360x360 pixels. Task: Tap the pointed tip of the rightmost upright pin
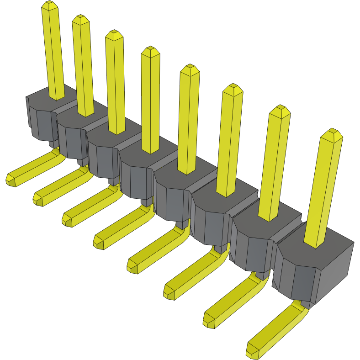(x=331, y=134)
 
